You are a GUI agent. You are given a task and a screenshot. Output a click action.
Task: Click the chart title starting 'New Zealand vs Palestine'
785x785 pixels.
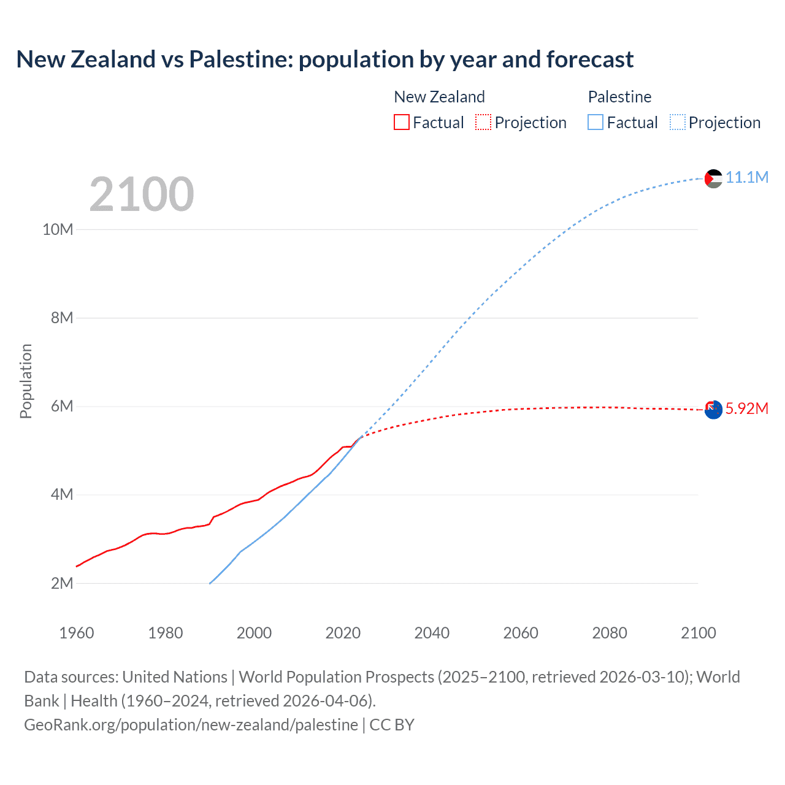click(x=324, y=59)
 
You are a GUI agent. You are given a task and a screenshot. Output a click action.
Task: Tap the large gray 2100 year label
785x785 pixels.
click(x=142, y=194)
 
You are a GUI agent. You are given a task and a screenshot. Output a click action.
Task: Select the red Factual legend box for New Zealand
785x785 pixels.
click(x=401, y=122)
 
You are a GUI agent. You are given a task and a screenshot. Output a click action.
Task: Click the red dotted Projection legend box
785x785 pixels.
click(x=483, y=122)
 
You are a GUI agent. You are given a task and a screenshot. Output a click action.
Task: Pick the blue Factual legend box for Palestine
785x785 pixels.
click(x=595, y=122)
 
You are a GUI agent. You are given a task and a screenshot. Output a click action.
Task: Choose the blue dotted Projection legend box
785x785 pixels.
click(x=677, y=122)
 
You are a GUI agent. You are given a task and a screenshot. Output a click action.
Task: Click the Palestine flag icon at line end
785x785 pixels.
click(x=713, y=178)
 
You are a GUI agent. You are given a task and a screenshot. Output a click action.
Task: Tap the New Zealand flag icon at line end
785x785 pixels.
click(x=713, y=410)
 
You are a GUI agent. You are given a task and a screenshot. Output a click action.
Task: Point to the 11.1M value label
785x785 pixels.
click(x=746, y=177)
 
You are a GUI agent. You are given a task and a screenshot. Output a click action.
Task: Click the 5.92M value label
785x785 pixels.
click(x=746, y=408)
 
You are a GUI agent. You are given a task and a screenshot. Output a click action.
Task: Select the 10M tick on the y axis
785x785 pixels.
click(x=58, y=229)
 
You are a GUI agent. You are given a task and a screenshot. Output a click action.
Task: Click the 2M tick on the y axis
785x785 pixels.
click(x=62, y=583)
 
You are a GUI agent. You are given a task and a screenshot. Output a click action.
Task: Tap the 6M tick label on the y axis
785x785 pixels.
click(x=62, y=406)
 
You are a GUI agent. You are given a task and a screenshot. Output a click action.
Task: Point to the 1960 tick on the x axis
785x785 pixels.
click(x=77, y=633)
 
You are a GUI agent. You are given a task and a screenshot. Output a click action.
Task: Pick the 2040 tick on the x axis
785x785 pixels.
click(x=432, y=633)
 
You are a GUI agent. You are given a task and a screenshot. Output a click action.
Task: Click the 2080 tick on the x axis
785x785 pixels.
click(x=610, y=633)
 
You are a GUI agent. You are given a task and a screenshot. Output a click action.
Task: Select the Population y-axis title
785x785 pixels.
click(x=26, y=381)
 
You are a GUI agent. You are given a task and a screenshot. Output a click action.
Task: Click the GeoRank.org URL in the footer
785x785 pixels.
click(x=191, y=725)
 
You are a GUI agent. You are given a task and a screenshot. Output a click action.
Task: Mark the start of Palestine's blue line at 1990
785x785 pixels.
click(x=210, y=583)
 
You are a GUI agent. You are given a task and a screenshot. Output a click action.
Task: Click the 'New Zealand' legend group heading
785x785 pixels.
click(x=439, y=97)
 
